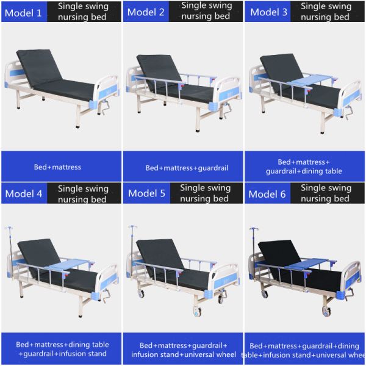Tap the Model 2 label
tap(146, 12)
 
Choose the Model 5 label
tap(146, 193)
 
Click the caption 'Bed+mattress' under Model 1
tap(58, 167)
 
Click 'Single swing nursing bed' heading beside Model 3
tap(326, 12)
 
